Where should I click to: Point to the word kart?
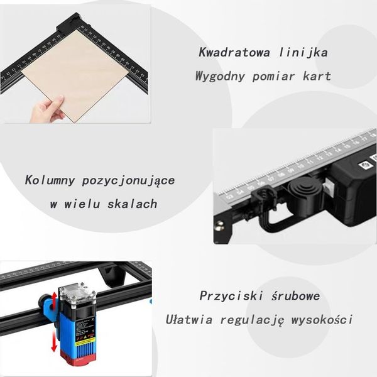pyautogui.click(x=316, y=77)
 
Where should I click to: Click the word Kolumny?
pyautogui.click(x=50, y=180)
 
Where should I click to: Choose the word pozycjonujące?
pyautogui.click(x=129, y=181)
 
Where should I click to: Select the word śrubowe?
pyautogui.click(x=295, y=295)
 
